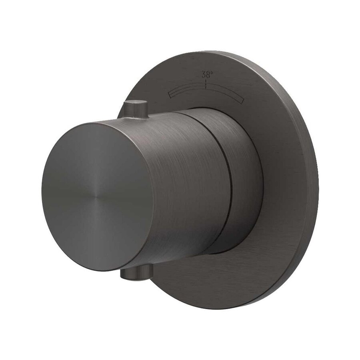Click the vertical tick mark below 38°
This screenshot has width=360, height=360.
click(206, 83)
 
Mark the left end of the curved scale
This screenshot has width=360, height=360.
click(170, 94)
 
